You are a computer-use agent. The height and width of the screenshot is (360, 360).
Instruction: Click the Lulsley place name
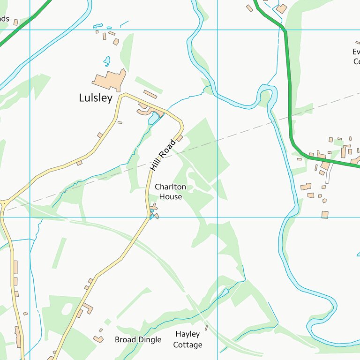[x=96, y=98]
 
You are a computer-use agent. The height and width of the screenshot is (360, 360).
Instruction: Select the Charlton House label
[x=170, y=192]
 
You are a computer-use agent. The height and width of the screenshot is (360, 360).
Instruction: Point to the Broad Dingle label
[x=138, y=339]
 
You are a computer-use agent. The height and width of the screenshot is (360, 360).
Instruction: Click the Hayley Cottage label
[x=187, y=339]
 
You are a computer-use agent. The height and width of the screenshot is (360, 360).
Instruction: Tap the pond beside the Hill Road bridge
[x=153, y=118]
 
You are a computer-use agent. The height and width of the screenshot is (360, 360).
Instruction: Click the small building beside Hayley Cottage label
[x=206, y=328]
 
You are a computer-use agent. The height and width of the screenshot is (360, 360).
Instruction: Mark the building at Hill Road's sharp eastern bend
[x=179, y=138]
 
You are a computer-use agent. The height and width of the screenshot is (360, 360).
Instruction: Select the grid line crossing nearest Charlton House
[x=217, y=217]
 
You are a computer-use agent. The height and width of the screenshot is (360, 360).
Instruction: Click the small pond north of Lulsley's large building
[x=107, y=61]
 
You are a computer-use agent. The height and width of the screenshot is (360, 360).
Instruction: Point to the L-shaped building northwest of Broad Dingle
[x=87, y=308]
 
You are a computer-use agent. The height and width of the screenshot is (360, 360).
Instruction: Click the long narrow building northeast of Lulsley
[x=150, y=94]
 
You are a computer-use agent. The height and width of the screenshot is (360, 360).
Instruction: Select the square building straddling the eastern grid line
[x=325, y=214]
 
